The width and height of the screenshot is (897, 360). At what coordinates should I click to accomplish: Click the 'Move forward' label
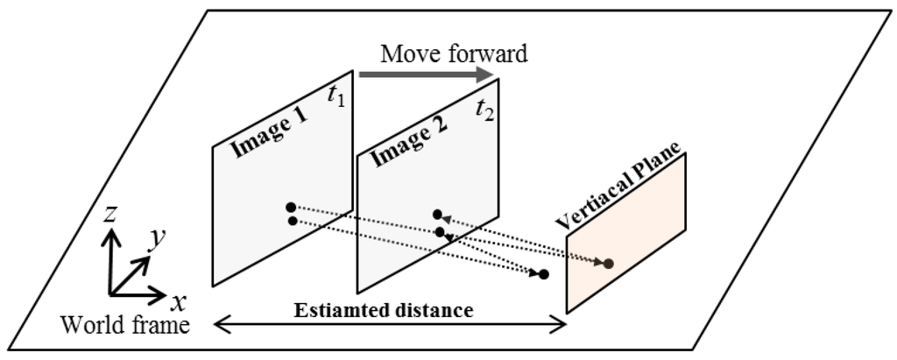(454, 54)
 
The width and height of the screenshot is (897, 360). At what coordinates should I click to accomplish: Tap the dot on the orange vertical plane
(609, 263)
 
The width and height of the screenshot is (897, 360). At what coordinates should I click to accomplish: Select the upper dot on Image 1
(290, 208)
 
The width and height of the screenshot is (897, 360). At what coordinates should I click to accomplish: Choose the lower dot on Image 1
(292, 220)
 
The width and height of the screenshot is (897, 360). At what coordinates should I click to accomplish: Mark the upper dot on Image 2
(436, 214)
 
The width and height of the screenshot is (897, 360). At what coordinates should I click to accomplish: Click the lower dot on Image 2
(440, 232)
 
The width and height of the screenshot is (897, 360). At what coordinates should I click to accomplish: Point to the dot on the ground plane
(543, 274)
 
